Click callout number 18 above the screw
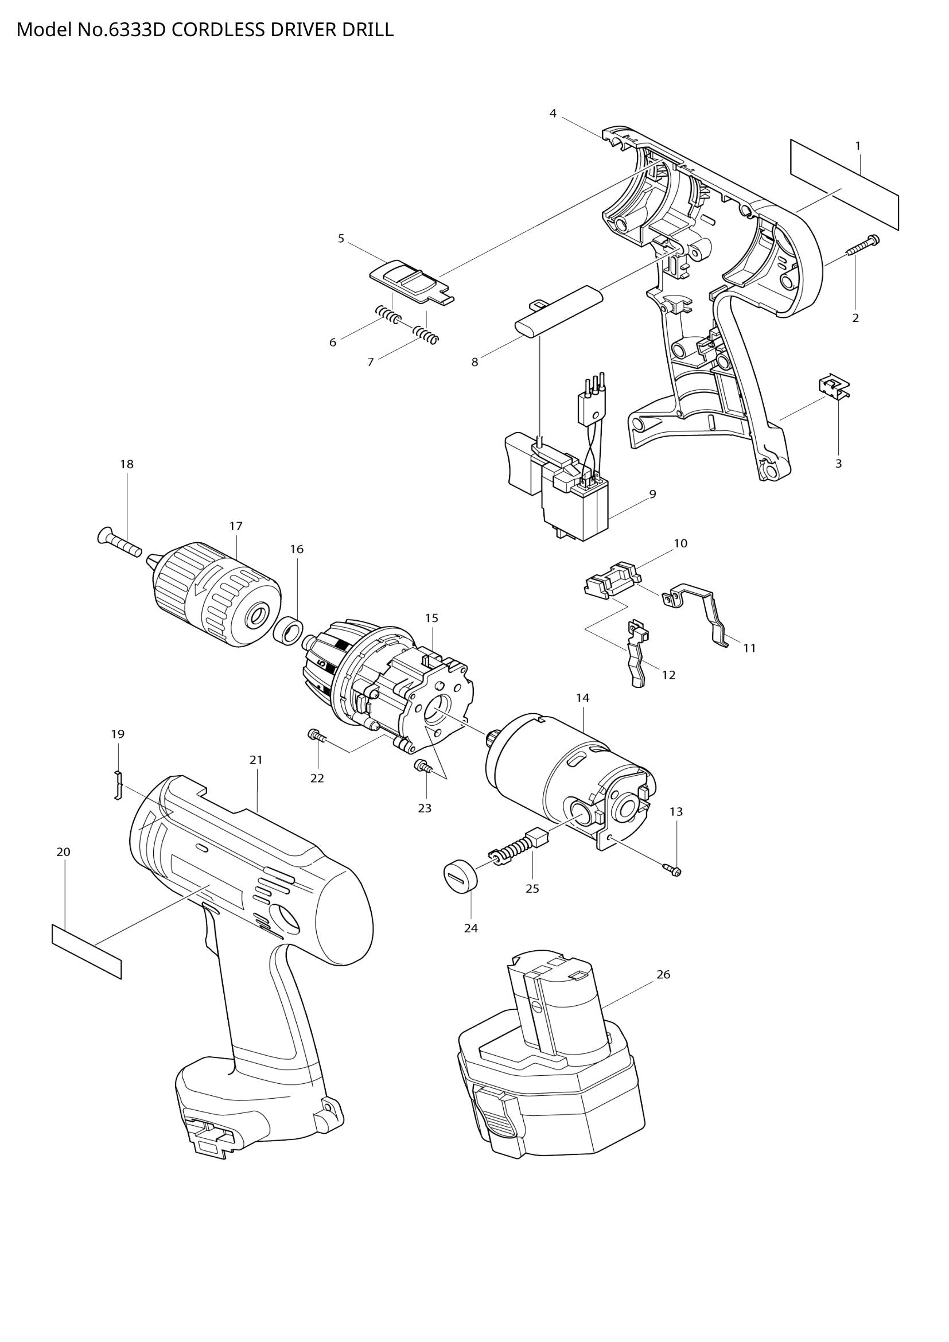[127, 464]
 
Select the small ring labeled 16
[289, 632]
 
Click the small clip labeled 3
[833, 387]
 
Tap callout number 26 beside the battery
[663, 974]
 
